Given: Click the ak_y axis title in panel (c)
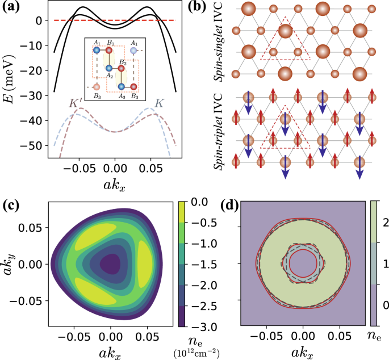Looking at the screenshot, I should pos(11,264).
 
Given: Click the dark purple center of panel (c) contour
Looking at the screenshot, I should pos(111,264).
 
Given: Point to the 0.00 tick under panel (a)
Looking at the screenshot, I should pos(115,169).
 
